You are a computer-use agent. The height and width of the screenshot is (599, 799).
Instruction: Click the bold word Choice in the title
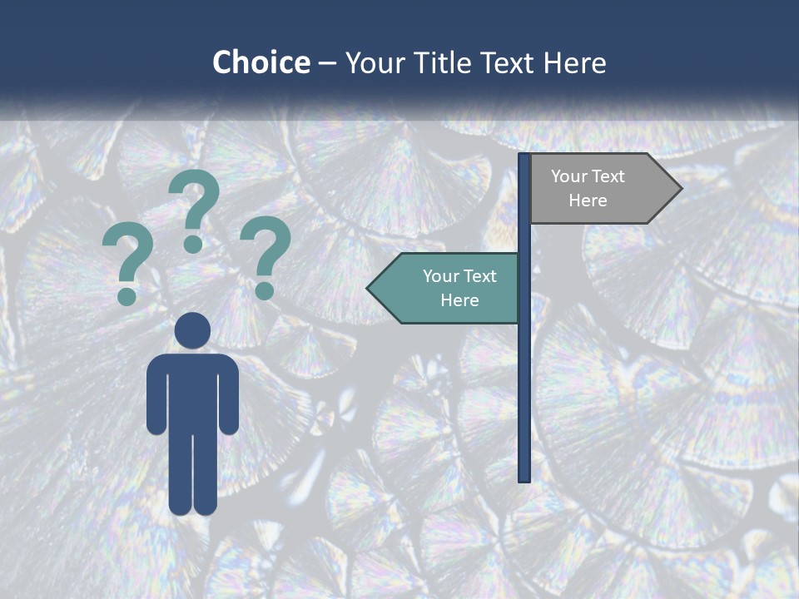coord(261,62)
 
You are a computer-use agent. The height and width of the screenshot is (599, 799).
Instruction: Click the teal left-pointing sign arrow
coord(445,288)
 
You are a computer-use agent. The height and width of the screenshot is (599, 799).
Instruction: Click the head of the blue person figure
coord(192,330)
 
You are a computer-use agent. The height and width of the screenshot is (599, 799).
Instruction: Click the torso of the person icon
coord(192,391)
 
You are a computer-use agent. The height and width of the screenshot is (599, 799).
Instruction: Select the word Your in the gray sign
coord(568,176)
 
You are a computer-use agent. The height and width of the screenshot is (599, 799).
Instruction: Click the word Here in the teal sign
coord(459,300)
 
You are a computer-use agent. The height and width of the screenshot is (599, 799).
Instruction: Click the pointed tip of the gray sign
coord(678,188)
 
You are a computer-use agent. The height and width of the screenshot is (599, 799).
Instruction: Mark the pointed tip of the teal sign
coord(370,289)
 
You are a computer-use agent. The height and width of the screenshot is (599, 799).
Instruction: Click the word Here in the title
coord(574,63)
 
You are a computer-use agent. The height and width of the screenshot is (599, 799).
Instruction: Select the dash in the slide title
coord(327,64)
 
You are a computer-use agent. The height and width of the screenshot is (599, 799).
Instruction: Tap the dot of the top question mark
coord(193,244)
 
